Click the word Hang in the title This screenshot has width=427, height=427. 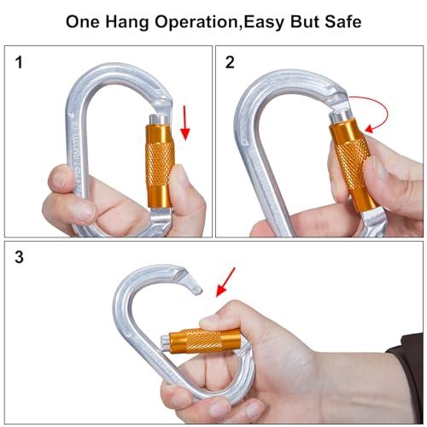pos(127,22)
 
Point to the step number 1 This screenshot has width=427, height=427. pos(19,62)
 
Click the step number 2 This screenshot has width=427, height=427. pos(230,62)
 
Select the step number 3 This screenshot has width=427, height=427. pos(19,257)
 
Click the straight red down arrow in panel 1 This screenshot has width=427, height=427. pos(185,123)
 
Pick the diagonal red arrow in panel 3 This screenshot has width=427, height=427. pos(225,282)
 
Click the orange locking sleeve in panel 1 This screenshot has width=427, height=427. pos(159,166)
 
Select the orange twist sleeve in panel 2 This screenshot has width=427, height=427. pos(353,165)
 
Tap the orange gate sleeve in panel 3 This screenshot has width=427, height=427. pos(204,341)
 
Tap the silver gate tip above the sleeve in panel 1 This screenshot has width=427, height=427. pos(159,120)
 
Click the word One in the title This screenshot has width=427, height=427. pos(83,22)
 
